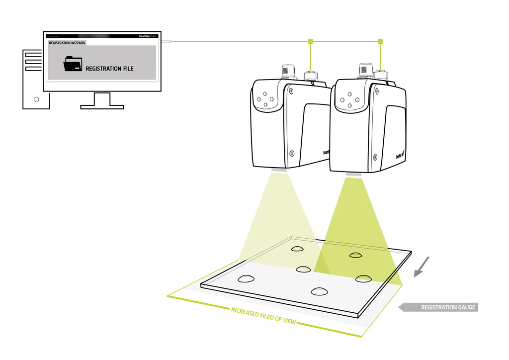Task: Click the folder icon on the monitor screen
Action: tap(73, 64)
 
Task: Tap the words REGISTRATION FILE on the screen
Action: tap(109, 69)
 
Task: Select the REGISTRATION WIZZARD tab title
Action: tap(67, 43)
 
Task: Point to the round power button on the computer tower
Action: tap(36, 99)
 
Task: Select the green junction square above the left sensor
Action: tap(310, 41)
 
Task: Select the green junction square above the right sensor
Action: tap(381, 41)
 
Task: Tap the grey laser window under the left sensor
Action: tap(279, 171)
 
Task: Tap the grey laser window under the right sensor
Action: tap(354, 175)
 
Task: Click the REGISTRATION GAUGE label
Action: tap(447, 307)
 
